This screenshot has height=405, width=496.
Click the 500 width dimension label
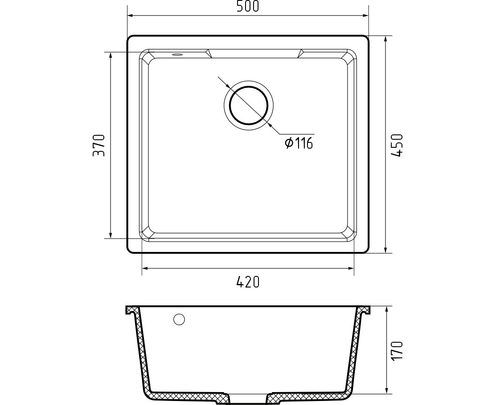click(248, 6)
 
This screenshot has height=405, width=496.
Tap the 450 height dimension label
click(397, 145)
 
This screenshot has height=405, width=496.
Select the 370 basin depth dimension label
click(98, 146)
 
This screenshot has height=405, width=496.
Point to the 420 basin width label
click(248, 282)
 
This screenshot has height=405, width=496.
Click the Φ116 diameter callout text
click(299, 143)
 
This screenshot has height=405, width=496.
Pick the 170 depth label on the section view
click(397, 350)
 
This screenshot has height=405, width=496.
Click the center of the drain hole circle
click(249, 105)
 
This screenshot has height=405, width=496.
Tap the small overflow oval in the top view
click(177, 55)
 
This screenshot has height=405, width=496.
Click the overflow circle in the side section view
click(179, 320)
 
